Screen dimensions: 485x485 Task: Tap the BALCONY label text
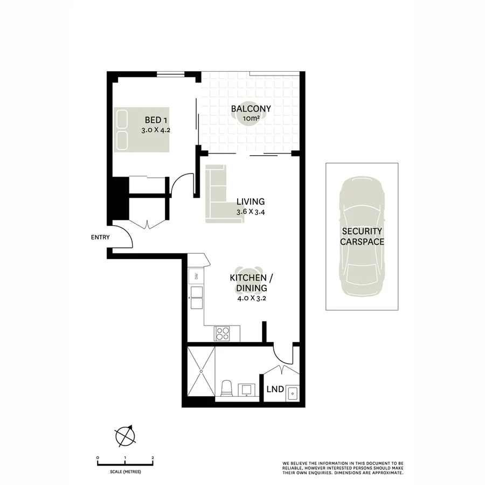click(x=251, y=109)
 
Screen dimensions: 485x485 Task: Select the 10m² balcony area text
click(x=251, y=118)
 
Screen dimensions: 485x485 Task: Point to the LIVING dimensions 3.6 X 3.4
click(x=251, y=212)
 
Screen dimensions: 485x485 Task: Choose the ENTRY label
click(x=100, y=237)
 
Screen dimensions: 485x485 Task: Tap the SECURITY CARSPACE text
click(x=362, y=237)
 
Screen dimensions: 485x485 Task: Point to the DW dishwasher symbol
click(x=196, y=277)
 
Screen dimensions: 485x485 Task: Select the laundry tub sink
click(x=292, y=393)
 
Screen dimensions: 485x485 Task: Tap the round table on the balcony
click(x=251, y=120)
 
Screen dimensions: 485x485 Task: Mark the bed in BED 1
click(x=142, y=129)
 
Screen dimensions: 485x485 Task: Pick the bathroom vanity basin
click(x=248, y=390)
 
